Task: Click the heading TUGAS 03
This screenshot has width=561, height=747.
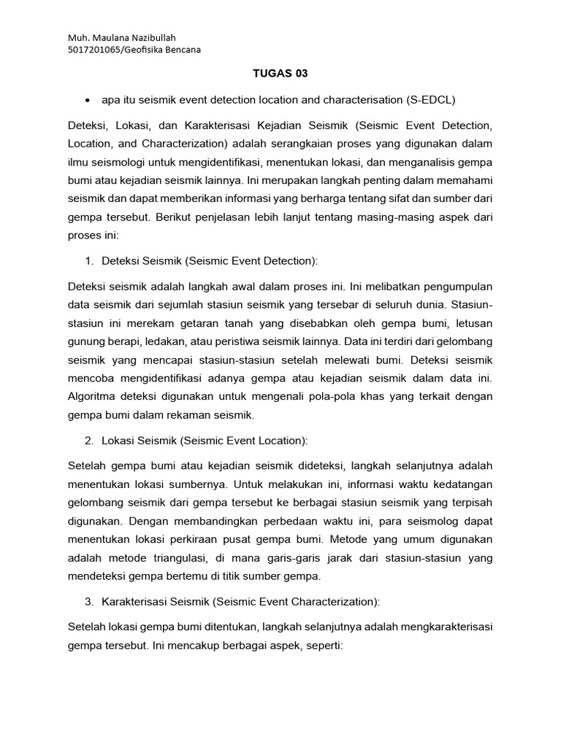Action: [x=280, y=73]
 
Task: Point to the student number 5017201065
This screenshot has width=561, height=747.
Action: [x=93, y=50]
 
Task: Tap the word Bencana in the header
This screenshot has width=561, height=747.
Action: [x=181, y=50]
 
